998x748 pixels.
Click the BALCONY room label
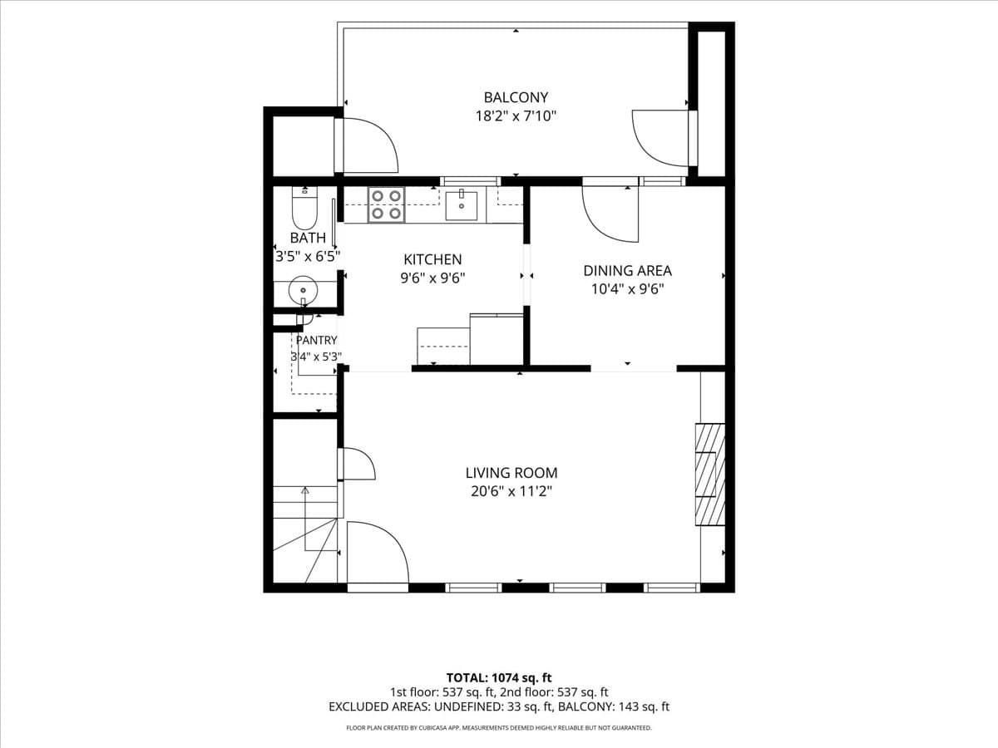(516, 97)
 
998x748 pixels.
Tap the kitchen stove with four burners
(386, 204)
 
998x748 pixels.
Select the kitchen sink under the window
(461, 206)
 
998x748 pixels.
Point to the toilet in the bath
(304, 209)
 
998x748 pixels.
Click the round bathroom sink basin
(304, 290)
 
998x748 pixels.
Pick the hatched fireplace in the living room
(709, 475)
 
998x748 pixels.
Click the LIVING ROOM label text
(511, 473)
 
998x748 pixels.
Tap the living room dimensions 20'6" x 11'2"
(511, 491)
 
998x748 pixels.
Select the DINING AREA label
(627, 271)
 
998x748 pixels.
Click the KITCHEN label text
(432, 259)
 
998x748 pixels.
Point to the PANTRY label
(317, 340)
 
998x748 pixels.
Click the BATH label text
(308, 238)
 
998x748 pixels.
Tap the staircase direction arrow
(305, 519)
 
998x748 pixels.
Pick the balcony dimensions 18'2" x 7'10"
(516, 116)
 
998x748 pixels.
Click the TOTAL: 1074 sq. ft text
(499, 678)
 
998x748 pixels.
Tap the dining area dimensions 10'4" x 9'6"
(627, 289)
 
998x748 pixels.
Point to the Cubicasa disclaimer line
(499, 728)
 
